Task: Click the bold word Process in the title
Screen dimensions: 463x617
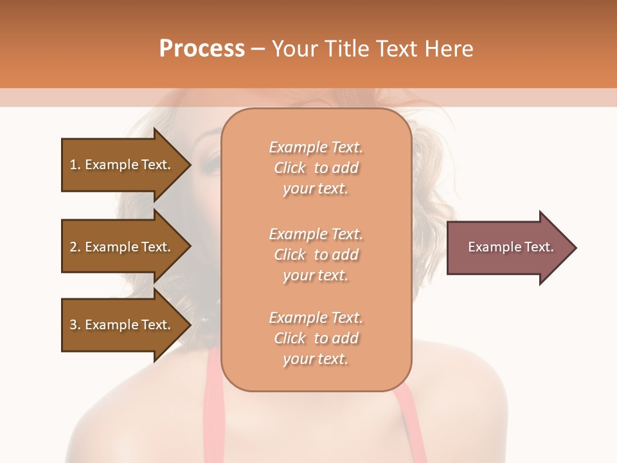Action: [202, 49]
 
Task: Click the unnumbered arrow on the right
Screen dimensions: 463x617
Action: [508, 247]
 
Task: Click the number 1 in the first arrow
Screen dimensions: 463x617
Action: [73, 165]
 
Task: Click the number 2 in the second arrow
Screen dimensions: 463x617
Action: [73, 247]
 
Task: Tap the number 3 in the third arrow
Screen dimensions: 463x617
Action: [73, 325]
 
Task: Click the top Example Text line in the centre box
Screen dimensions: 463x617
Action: [316, 147]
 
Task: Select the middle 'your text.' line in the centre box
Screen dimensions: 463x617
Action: [316, 275]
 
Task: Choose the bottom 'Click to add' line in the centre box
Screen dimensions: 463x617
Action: [316, 338]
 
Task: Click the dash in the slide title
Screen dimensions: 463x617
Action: [258, 49]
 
